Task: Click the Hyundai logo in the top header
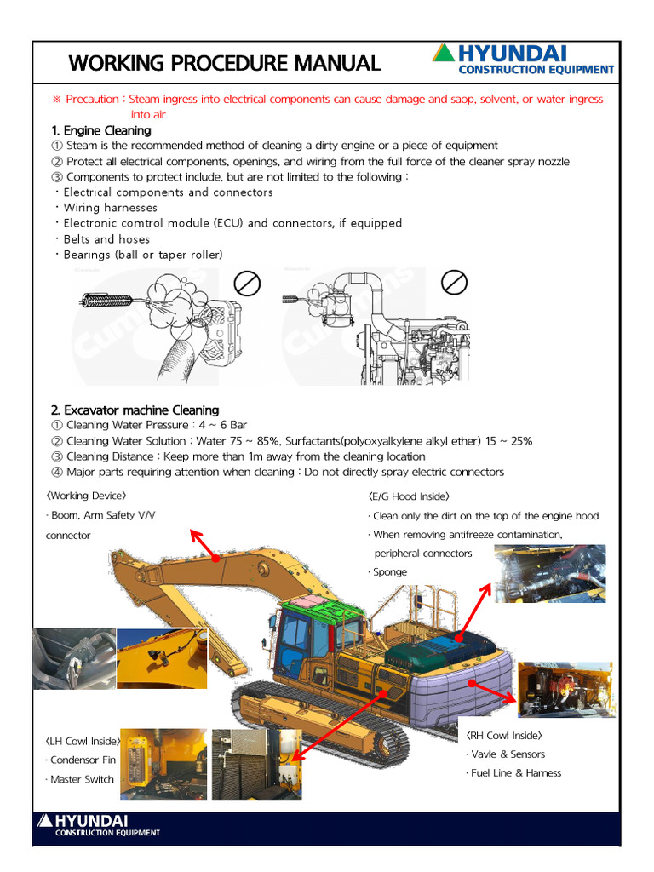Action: [523, 60]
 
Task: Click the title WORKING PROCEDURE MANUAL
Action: [225, 63]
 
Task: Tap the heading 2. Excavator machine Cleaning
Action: [135, 410]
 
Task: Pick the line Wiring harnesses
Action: [111, 208]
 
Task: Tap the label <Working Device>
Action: [87, 496]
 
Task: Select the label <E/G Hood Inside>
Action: [409, 496]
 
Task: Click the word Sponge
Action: [390, 572]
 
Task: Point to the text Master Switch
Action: [82, 779]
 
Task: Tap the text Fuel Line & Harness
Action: [515, 773]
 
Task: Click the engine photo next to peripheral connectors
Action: [550, 573]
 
